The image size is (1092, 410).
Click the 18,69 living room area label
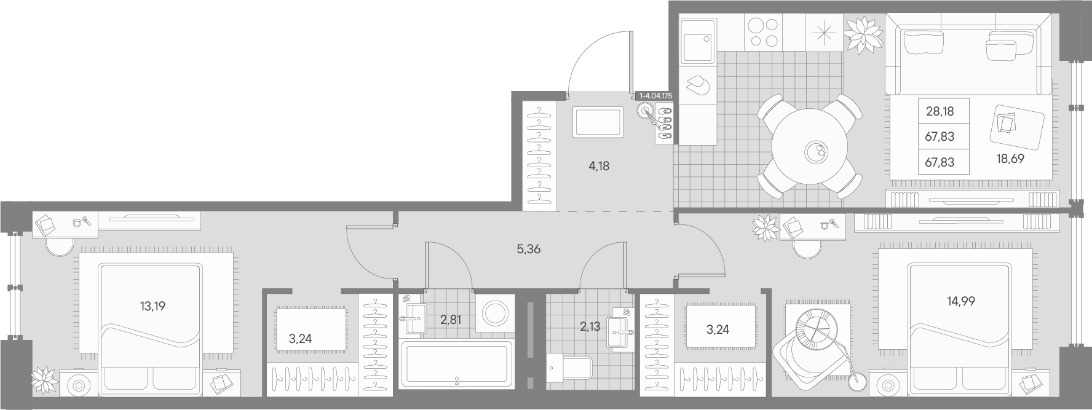click(1010, 158)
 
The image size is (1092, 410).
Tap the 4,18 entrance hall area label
click(598, 165)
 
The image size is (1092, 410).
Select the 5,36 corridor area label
click(529, 249)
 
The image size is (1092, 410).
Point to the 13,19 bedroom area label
click(152, 306)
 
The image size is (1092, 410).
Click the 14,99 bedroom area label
click(961, 301)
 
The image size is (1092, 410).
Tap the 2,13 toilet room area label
click(590, 326)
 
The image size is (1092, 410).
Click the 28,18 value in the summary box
click(940, 111)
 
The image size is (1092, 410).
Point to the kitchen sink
click(698, 39)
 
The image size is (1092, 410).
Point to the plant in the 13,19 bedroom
click(45, 379)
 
